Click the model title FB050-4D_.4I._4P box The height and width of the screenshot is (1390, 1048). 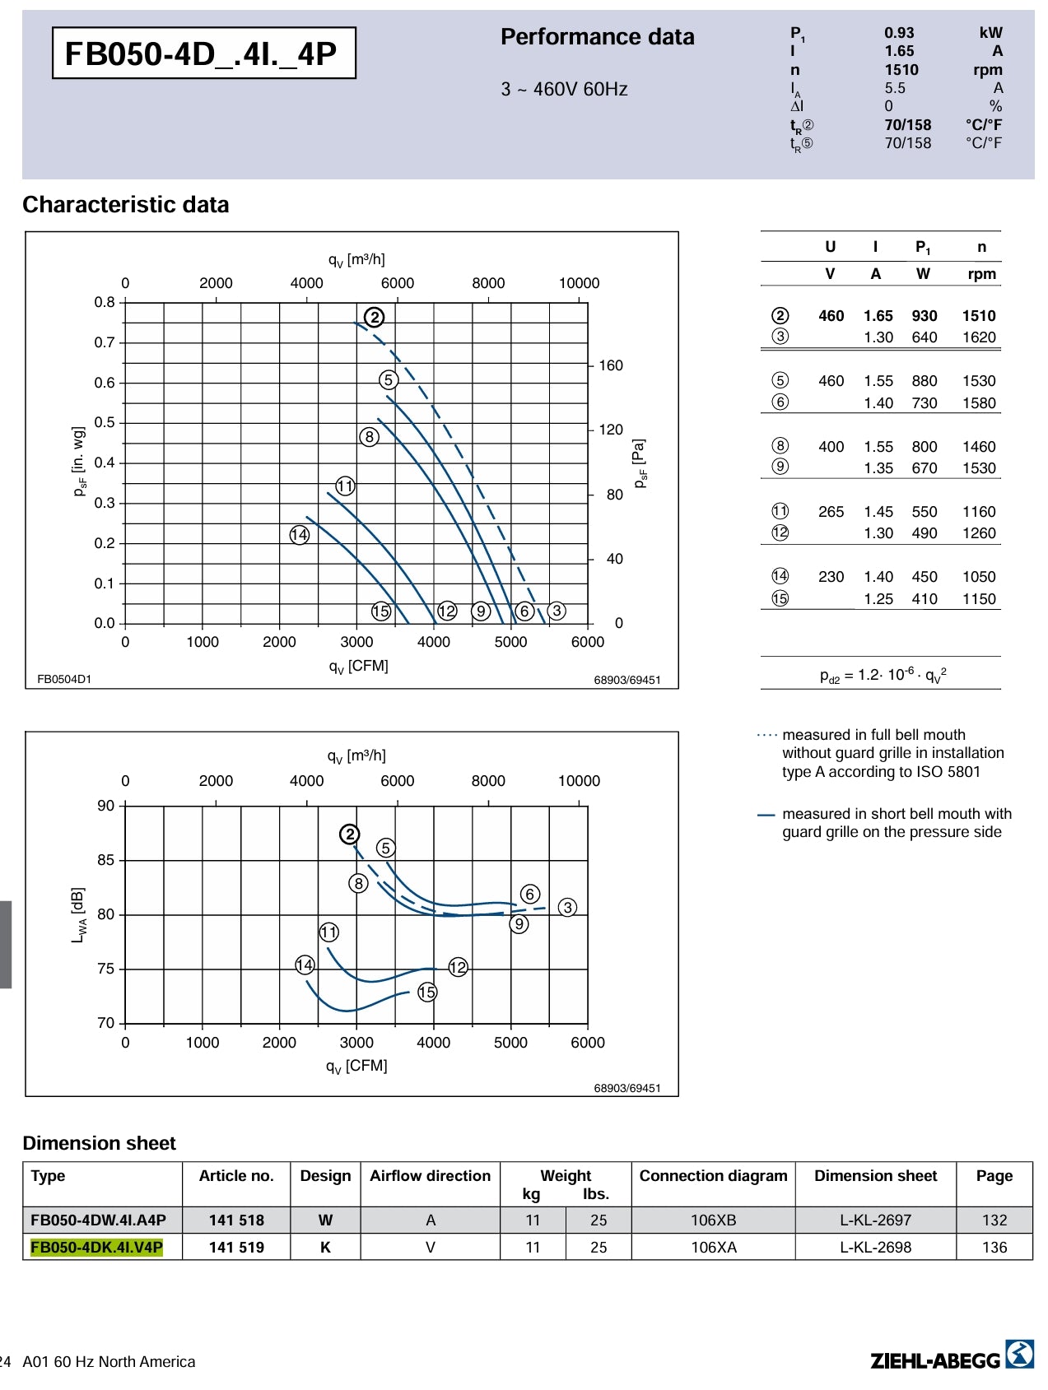203,53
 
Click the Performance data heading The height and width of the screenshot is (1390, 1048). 597,37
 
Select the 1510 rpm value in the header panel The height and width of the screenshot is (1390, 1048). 901,70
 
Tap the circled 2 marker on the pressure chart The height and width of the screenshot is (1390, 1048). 375,317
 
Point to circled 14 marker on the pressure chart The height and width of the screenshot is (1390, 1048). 299,535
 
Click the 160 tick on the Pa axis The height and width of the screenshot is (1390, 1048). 610,365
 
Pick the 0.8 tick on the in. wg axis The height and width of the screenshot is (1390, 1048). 105,302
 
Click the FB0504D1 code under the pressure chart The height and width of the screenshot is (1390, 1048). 64,679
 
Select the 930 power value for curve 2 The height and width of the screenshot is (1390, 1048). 924,316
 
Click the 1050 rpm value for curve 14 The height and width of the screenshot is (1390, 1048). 979,577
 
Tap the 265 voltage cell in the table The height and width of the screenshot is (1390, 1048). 831,512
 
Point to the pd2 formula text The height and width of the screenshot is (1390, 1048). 883,675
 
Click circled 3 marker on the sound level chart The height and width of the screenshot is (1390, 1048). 567,907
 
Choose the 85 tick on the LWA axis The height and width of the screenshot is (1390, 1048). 106,860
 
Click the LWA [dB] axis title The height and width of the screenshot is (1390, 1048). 78,914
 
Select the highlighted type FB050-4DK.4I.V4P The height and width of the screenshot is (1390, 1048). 96,1247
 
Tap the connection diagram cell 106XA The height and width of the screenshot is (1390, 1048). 713,1247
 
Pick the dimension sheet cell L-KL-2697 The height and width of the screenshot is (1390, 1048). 875,1220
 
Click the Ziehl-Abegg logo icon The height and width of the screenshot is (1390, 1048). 1019,1354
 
